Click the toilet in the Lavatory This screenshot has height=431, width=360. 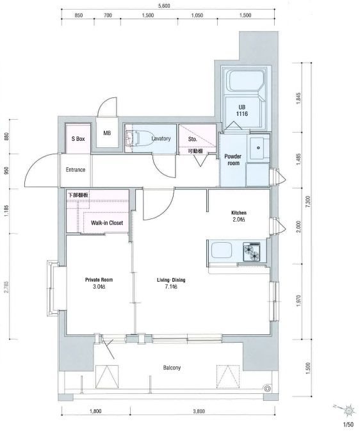click(x=136, y=138)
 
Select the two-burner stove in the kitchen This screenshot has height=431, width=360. click(x=251, y=252)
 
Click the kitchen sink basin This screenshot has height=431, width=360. click(x=222, y=250)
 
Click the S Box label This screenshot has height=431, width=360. click(x=78, y=139)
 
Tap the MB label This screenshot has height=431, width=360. click(x=107, y=133)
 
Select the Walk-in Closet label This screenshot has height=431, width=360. click(x=107, y=223)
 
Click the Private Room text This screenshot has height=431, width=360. click(x=99, y=280)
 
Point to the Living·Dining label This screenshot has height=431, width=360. click(x=171, y=280)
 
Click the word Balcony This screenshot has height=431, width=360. click(x=172, y=368)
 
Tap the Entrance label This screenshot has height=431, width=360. click(x=76, y=170)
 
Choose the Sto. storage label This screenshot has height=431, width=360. click(x=193, y=139)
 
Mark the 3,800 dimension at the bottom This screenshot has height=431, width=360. click(x=199, y=412)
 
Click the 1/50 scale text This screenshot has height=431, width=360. click(x=348, y=425)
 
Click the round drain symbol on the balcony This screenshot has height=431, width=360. click(x=266, y=388)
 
